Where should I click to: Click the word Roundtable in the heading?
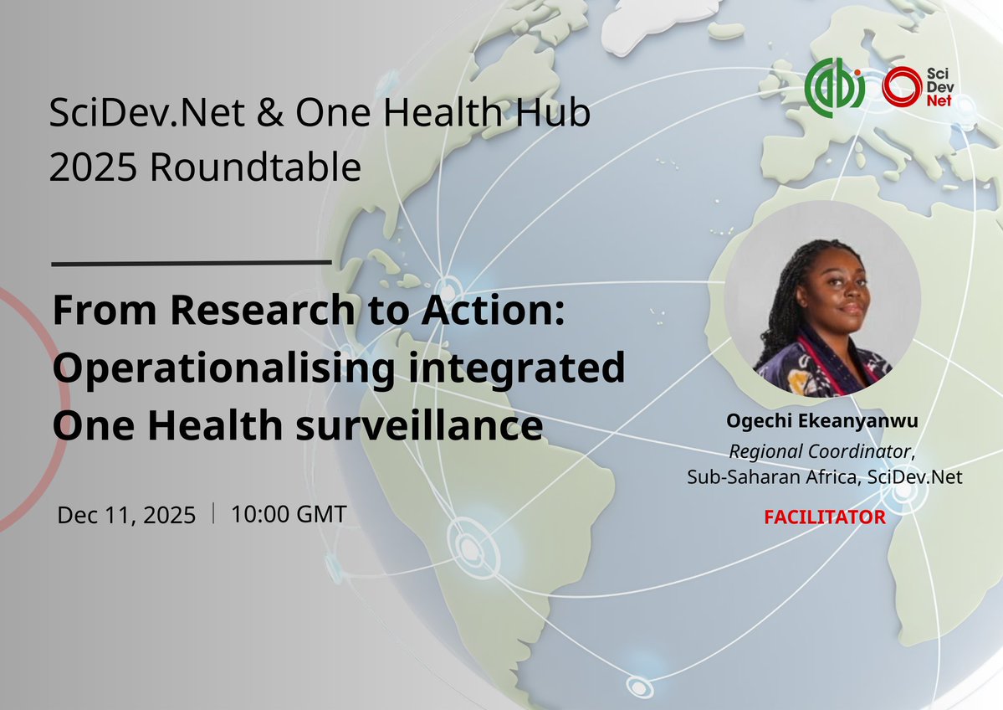[x=256, y=168]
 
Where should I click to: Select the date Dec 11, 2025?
[x=125, y=515]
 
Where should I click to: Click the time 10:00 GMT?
[x=288, y=514]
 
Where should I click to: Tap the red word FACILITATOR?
[x=824, y=517]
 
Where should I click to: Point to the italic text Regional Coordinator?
[x=820, y=451]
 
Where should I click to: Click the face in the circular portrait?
[x=833, y=296]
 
